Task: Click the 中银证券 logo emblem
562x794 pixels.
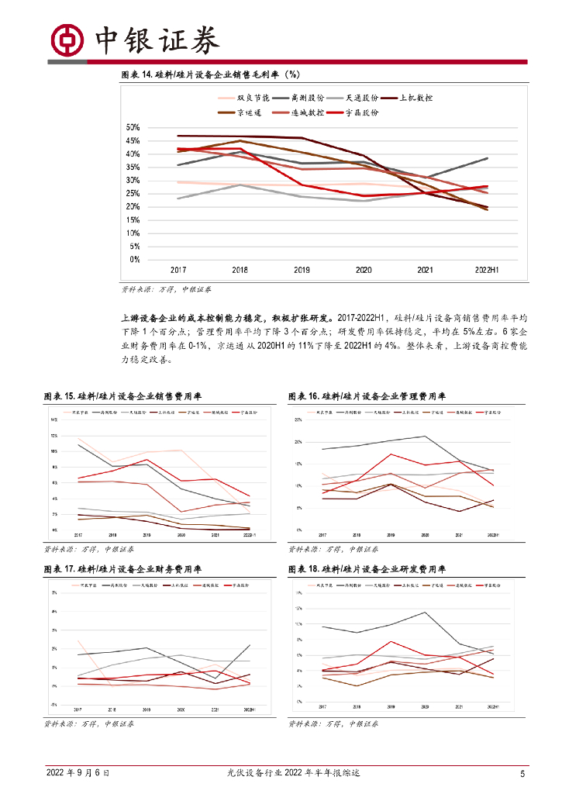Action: pos(67,39)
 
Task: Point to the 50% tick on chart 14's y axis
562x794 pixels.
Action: pos(133,127)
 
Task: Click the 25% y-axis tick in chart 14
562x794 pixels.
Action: pos(133,193)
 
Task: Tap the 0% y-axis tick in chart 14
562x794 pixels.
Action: pos(134,259)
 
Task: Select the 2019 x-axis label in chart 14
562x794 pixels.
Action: pos(302,270)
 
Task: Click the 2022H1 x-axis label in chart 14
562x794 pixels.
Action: pos(487,270)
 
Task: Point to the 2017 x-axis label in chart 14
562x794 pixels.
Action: pos(178,270)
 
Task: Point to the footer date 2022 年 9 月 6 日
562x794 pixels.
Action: pos(78,773)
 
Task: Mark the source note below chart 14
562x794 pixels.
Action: pos(166,289)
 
